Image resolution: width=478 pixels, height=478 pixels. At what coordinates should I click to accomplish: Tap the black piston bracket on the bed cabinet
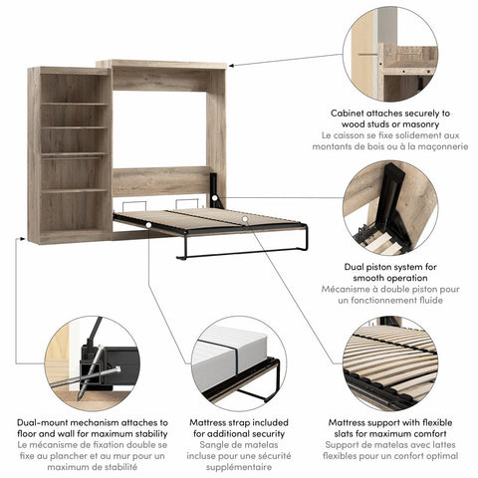click(x=215, y=188)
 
